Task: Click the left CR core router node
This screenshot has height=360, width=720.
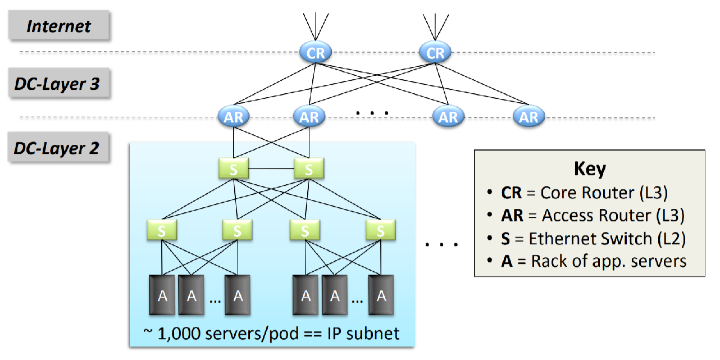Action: coord(315,53)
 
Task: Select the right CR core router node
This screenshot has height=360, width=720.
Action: coord(435,53)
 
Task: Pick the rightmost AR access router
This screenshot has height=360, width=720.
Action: coord(528,117)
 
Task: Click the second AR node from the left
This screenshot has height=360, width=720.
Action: coord(309,117)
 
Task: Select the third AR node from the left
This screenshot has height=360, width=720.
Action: coord(448,117)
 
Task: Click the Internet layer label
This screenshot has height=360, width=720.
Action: coord(59,26)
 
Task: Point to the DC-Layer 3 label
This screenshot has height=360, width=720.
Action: coord(57,84)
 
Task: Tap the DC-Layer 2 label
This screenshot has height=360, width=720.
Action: coord(57,148)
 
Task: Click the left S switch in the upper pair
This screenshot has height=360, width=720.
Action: coord(234,168)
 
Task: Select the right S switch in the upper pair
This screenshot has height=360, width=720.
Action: coord(308,168)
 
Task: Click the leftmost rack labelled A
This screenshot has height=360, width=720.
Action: coord(163,295)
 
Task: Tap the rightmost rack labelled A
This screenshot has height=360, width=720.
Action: coord(382,295)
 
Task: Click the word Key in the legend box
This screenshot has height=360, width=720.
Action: coord(590,169)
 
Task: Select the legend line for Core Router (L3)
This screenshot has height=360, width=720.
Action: coord(584,193)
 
